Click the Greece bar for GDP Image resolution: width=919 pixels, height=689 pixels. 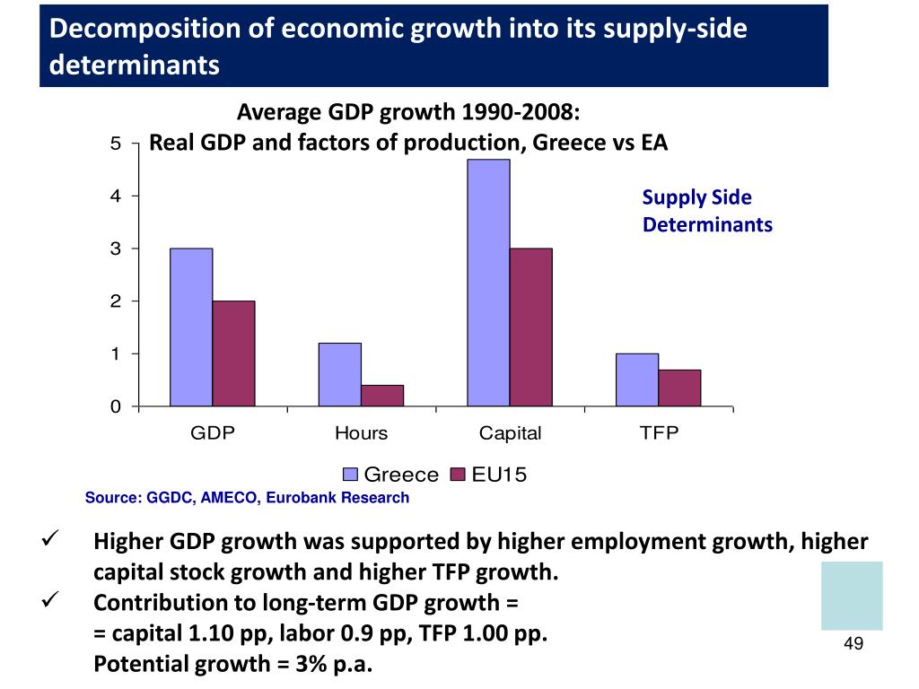(x=191, y=327)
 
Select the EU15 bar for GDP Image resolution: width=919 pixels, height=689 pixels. (x=233, y=353)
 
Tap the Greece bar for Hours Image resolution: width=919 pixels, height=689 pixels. (x=339, y=374)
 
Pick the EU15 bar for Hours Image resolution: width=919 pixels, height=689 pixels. (x=382, y=396)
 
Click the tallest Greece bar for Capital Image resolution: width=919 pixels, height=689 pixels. (x=488, y=283)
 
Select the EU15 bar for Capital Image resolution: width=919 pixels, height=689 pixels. (x=530, y=327)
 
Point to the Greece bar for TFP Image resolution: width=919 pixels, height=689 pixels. (x=637, y=379)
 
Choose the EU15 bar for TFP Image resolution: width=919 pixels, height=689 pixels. (x=679, y=388)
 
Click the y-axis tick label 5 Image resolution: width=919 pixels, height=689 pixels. (x=116, y=143)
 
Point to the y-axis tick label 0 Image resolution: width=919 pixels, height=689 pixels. (x=116, y=407)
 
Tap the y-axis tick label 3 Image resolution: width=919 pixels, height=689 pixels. (x=116, y=249)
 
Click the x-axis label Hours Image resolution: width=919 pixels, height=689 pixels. (x=361, y=434)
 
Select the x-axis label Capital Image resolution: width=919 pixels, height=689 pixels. (x=510, y=434)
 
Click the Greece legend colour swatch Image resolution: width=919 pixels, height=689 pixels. (x=352, y=475)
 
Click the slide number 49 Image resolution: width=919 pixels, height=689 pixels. (x=853, y=644)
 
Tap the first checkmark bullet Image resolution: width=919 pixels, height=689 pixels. (x=51, y=542)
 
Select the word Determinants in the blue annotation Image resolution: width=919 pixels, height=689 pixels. (x=707, y=224)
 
